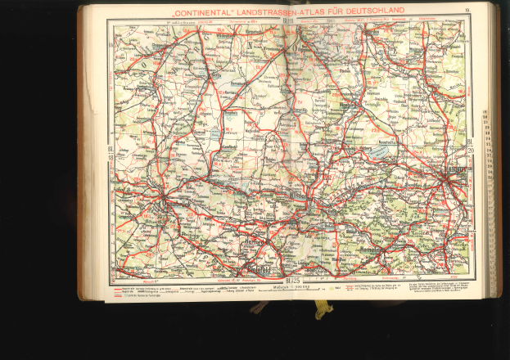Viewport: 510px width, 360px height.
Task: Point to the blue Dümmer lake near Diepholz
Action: [x=214, y=130]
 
